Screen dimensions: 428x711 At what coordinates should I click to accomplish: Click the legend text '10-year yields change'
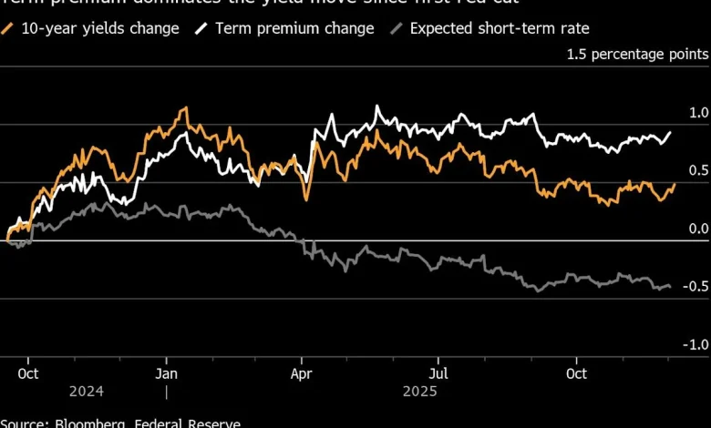(x=100, y=28)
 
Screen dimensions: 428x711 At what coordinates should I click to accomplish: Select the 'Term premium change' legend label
(x=294, y=28)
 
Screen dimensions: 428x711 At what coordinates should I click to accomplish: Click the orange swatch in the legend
(x=8, y=28)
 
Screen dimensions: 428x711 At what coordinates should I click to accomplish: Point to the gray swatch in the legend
(x=397, y=28)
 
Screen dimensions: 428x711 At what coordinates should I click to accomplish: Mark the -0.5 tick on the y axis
(x=697, y=286)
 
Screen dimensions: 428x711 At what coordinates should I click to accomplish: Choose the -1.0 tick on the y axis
(x=697, y=344)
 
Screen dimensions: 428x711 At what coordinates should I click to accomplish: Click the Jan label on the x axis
(x=166, y=373)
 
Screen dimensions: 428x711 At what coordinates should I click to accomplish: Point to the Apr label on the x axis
(x=302, y=373)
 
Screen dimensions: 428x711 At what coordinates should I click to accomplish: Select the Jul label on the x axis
(x=439, y=373)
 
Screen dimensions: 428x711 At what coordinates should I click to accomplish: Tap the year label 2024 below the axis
(x=86, y=392)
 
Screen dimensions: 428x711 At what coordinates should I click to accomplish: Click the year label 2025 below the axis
(x=418, y=392)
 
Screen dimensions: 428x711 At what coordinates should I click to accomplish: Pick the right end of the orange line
(x=675, y=184)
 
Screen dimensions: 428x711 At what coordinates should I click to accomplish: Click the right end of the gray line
(x=671, y=287)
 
